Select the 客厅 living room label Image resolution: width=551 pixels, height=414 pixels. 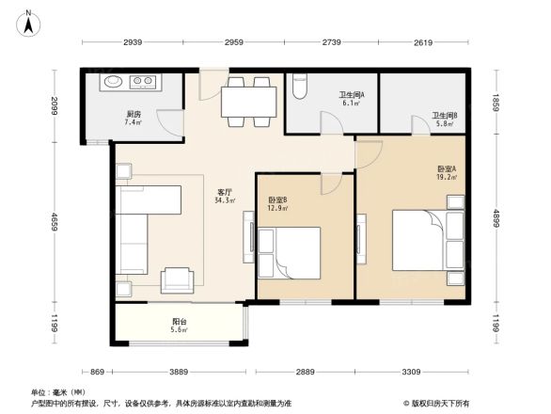224,195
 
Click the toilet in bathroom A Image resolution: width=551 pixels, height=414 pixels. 300,87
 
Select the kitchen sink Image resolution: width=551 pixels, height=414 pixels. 111,82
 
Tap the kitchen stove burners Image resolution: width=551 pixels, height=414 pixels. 143,82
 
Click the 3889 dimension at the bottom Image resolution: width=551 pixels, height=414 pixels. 179,373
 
